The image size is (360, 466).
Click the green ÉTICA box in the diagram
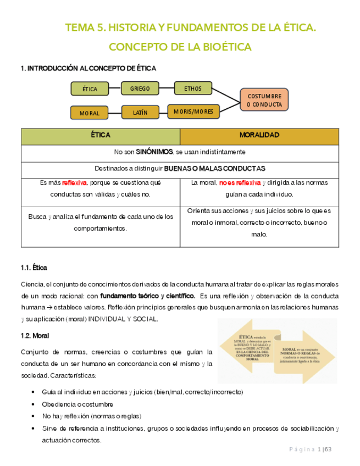[90, 88]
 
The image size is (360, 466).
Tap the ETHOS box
[192, 88]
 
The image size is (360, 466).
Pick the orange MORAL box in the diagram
[90, 113]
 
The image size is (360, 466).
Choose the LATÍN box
[140, 112]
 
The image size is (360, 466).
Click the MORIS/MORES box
[193, 111]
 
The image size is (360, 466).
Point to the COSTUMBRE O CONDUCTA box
[264, 99]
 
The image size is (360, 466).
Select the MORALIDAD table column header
[259, 135]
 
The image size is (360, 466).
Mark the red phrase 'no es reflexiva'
[240, 183]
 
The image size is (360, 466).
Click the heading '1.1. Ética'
[34, 268]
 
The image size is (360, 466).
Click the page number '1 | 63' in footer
[325, 450]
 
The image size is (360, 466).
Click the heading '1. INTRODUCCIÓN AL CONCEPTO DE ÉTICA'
[88, 69]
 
